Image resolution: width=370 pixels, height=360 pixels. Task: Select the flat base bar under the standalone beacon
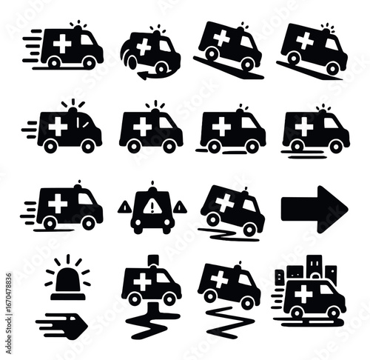pos(68,296)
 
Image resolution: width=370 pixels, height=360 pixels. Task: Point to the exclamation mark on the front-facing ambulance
pos(152,207)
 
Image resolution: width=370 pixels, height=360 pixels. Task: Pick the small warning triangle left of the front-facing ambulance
pos(125,207)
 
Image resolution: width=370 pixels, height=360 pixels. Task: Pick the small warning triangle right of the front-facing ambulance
pos(180,207)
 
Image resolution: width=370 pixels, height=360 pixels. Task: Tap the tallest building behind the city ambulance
pos(314,267)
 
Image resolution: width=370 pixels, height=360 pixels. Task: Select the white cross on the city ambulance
pos(303,294)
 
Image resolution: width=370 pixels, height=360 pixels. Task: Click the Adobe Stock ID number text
pos(8,313)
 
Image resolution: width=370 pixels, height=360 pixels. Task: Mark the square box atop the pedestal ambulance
pos(153,260)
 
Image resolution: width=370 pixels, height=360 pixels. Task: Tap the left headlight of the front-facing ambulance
pos(139,222)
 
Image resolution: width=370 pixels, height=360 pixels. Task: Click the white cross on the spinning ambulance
pos(144,47)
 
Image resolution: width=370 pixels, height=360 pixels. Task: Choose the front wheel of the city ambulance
pos(334,313)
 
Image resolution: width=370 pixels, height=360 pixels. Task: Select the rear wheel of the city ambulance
pos(297,313)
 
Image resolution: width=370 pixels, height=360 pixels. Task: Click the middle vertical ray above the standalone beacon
pos(68,259)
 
